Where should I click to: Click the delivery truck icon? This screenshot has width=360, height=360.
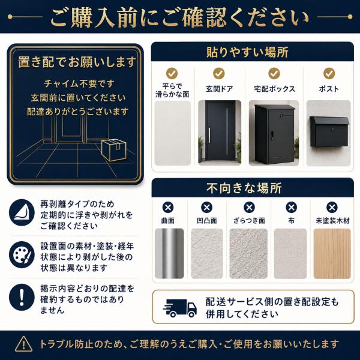click(180, 308)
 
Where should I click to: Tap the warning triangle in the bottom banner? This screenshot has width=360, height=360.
click(23, 344)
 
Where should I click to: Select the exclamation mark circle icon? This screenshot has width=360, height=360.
click(22, 297)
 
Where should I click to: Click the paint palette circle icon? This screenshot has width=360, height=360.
click(22, 254)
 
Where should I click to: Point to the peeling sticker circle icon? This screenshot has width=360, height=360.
click(22, 212)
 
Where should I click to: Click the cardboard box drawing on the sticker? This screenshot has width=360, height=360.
click(114, 149)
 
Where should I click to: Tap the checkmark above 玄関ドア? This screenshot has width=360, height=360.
click(219, 73)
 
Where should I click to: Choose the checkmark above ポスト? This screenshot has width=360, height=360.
click(329, 73)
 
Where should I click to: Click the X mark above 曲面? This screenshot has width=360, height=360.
click(168, 208)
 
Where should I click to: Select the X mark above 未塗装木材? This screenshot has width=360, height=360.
click(332, 208)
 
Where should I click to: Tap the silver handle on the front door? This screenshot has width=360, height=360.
click(209, 135)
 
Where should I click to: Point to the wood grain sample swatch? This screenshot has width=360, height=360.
click(332, 253)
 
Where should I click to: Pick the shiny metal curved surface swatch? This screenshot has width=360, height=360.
click(169, 253)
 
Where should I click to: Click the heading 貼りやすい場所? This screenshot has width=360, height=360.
click(247, 52)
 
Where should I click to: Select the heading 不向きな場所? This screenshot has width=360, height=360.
click(244, 188)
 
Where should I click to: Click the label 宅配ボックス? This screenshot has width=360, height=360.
click(274, 89)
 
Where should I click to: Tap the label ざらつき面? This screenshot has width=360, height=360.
click(249, 221)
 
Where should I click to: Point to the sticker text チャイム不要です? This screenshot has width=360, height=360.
click(79, 83)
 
